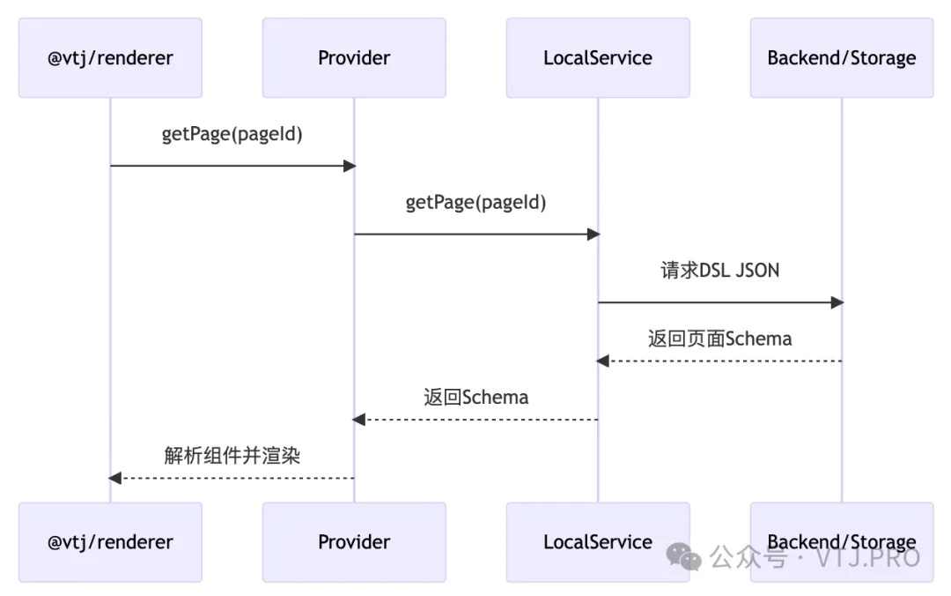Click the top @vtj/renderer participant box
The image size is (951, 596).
110,58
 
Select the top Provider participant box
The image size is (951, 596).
354,58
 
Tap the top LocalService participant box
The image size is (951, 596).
598,58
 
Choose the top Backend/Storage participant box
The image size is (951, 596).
841,58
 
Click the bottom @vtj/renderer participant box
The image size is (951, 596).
110,542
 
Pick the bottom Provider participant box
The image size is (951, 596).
354,542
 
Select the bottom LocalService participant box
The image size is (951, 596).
598,542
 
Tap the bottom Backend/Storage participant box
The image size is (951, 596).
841,540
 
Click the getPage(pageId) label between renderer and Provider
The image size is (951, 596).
232,134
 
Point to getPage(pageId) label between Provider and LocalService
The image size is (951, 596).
475,203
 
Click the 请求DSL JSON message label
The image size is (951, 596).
719,271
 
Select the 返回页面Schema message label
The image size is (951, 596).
719,339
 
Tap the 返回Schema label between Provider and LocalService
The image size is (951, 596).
475,397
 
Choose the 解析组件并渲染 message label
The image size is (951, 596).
232,456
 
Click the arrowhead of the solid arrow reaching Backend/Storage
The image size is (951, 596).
837,302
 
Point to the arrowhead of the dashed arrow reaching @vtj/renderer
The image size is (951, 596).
114,478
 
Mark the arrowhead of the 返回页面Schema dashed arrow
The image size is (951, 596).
602,361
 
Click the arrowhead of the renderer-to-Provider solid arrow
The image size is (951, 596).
350,166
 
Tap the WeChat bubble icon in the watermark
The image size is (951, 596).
684,556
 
